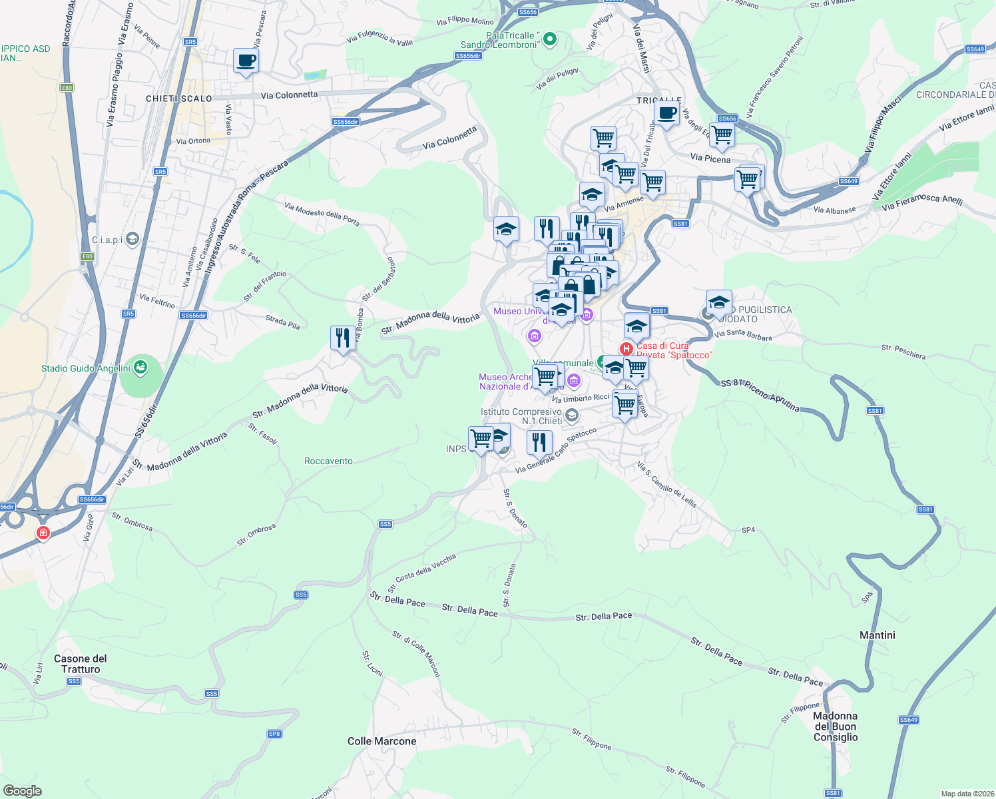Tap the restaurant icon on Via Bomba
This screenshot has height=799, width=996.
(x=343, y=338)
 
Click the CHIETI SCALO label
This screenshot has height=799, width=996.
(x=179, y=99)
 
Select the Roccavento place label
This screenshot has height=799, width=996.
(x=328, y=461)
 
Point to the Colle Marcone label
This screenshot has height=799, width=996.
(x=381, y=741)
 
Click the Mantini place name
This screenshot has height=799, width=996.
(x=877, y=635)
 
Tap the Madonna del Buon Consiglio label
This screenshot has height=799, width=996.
(x=836, y=726)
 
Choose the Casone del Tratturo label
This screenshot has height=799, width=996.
(x=80, y=664)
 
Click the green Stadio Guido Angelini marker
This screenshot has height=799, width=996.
(x=140, y=367)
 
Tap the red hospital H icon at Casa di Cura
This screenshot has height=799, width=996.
(x=626, y=348)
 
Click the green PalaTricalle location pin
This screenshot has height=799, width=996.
(x=549, y=39)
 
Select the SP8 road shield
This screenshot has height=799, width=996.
(x=274, y=734)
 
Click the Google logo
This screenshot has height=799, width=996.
(x=22, y=791)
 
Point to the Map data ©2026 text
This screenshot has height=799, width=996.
(x=965, y=794)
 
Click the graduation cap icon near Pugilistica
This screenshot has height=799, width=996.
(x=719, y=303)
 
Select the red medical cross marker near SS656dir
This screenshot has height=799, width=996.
(x=43, y=533)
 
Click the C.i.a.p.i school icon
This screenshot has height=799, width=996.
(x=132, y=239)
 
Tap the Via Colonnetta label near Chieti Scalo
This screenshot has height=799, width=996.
(x=289, y=95)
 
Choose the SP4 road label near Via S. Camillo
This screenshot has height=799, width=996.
(x=748, y=530)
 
